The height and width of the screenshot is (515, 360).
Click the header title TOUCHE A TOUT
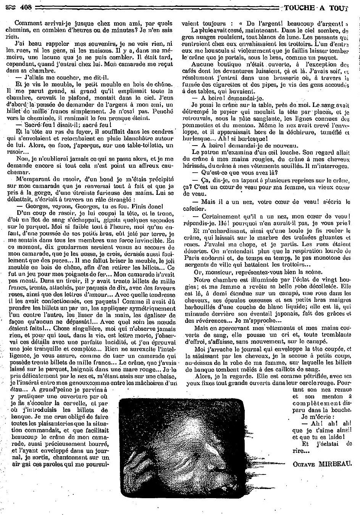click(x=321, y=7)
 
